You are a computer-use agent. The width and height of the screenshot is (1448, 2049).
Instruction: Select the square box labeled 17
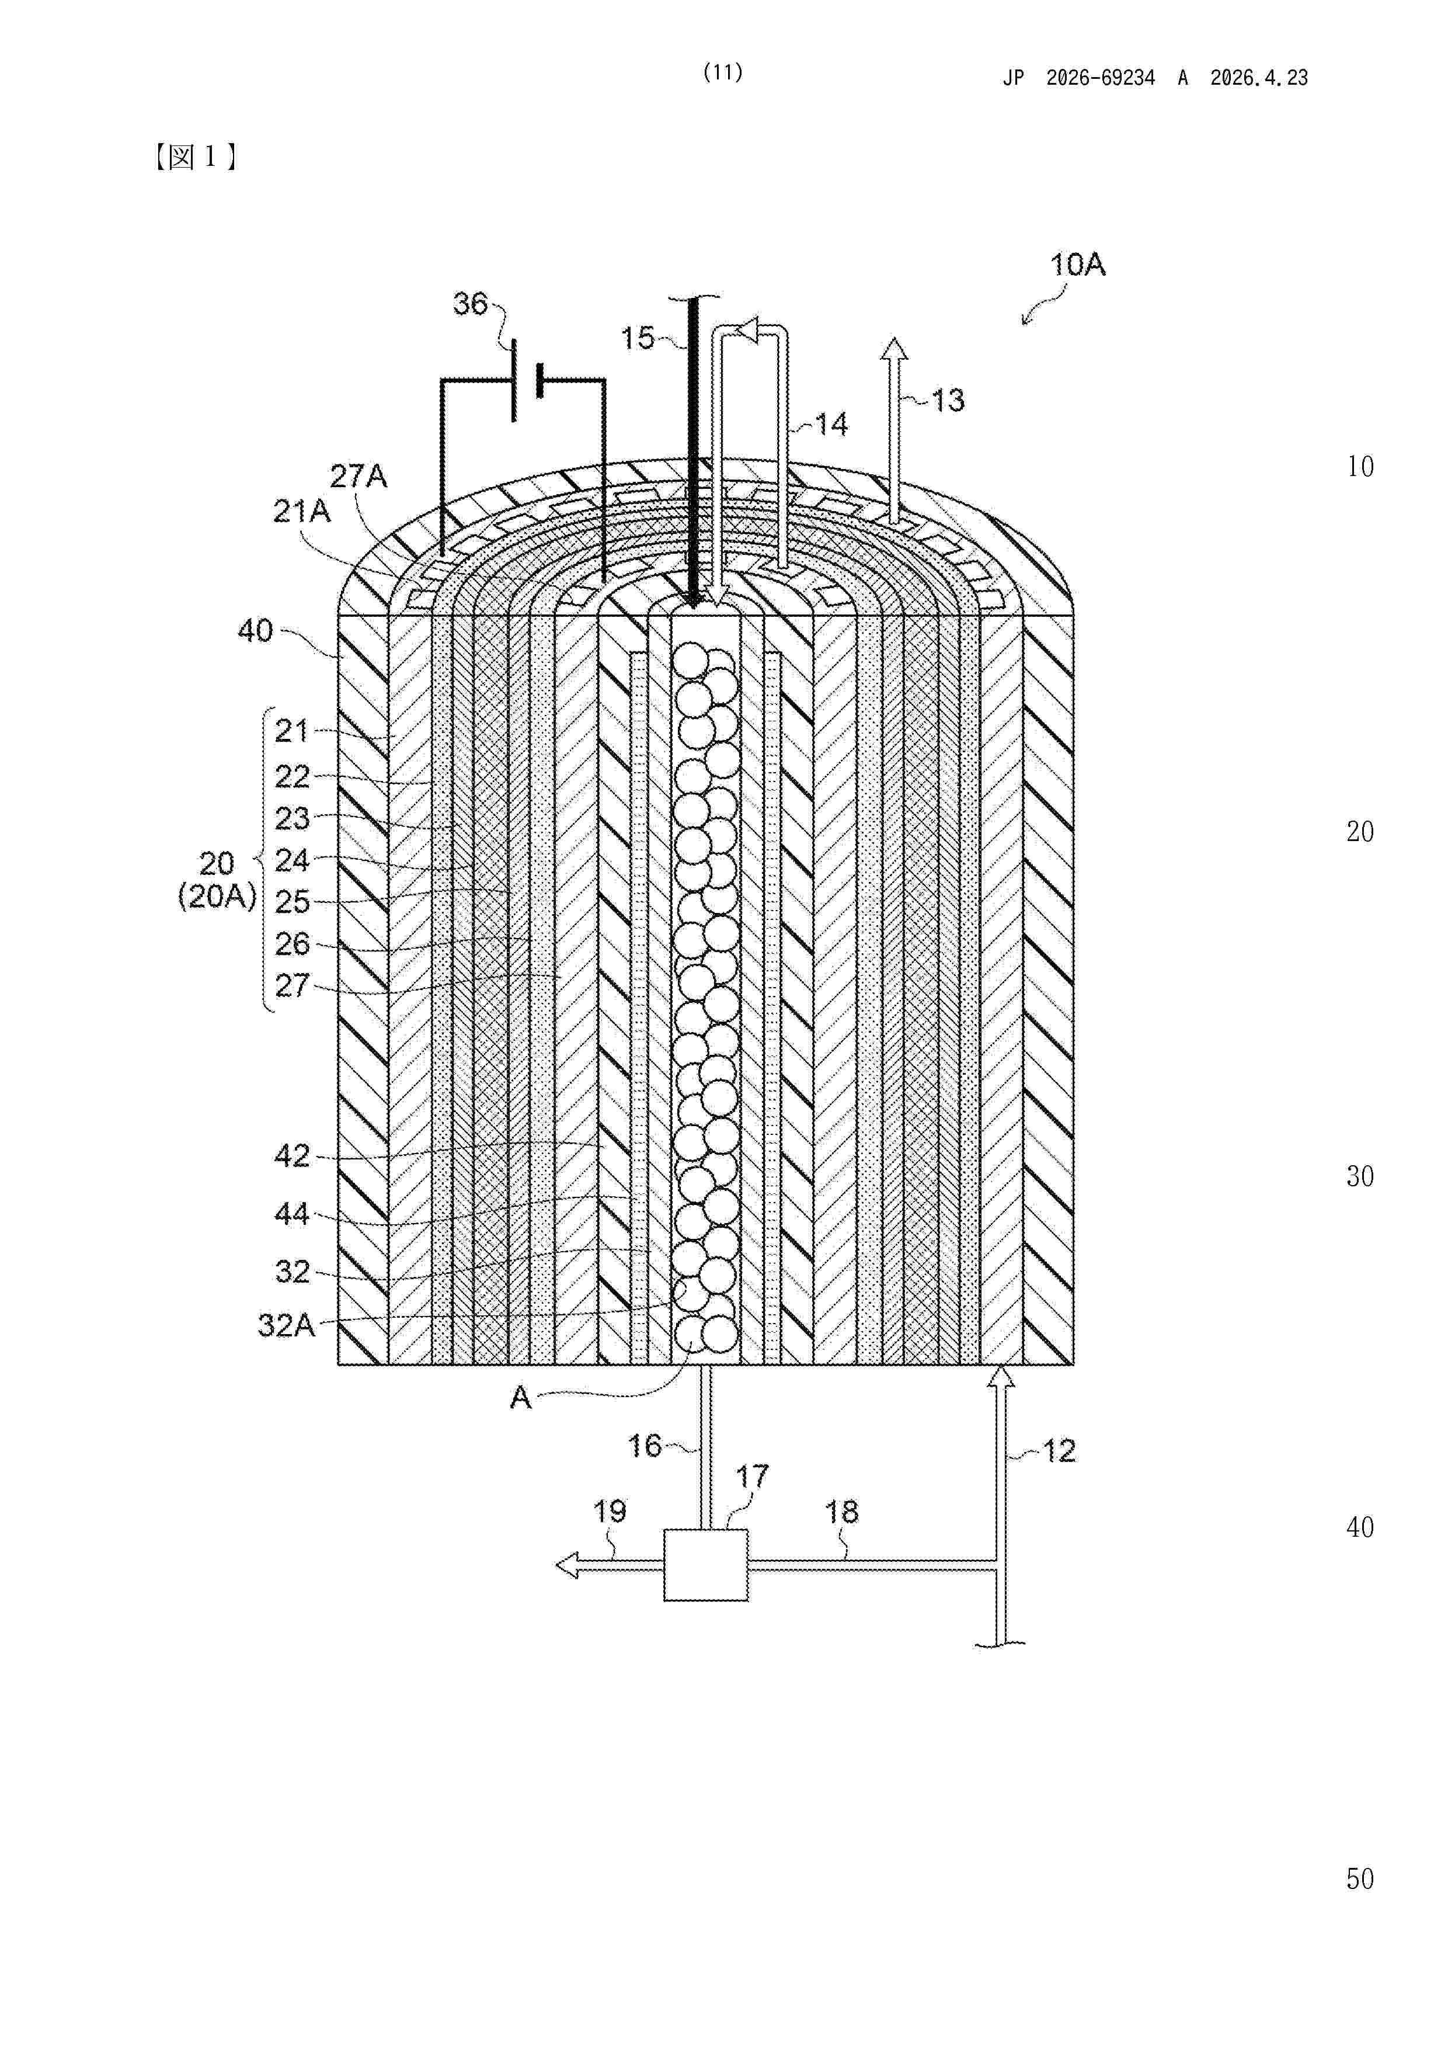(706, 1565)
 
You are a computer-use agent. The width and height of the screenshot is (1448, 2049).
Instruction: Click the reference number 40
(255, 631)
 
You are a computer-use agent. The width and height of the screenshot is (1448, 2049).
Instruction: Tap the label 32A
(286, 1325)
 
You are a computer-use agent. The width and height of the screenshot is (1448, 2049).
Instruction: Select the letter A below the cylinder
(520, 1398)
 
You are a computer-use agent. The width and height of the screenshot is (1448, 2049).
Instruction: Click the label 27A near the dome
(358, 477)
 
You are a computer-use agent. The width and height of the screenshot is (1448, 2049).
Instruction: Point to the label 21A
(301, 511)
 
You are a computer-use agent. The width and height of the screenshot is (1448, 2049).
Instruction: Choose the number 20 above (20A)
(217, 864)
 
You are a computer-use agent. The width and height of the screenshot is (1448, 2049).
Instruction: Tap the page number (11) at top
(723, 72)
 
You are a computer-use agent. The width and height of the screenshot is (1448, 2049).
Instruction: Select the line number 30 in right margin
(1360, 1176)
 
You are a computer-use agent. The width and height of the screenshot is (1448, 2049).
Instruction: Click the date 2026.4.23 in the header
(1259, 78)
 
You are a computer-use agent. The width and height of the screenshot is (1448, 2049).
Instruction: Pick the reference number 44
(292, 1214)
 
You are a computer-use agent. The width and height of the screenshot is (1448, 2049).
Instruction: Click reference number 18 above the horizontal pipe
(841, 1512)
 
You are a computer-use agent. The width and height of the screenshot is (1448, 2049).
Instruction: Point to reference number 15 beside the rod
(638, 338)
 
